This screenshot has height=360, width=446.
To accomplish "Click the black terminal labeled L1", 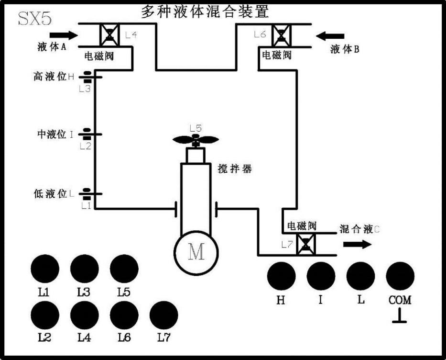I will [44, 269].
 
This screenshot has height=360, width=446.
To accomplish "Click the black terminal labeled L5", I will [124, 269].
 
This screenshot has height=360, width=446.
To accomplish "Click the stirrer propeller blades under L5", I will [195, 140].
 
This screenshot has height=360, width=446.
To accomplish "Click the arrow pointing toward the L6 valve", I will [330, 35].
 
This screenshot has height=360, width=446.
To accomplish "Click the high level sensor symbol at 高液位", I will [87, 76].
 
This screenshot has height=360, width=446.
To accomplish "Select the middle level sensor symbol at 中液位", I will [87, 134].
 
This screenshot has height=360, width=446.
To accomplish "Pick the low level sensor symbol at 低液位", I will [87, 193].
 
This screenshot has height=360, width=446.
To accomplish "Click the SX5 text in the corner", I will [34, 18].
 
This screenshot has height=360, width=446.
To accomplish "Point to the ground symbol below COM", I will [399, 317].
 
